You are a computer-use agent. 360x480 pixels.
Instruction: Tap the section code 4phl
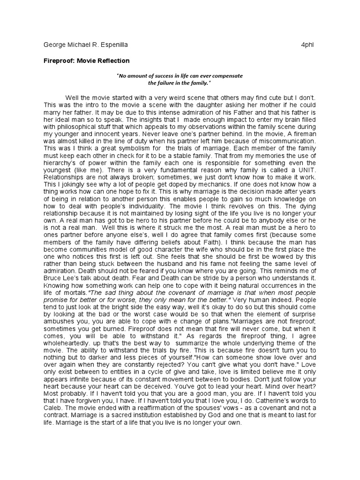(308, 45)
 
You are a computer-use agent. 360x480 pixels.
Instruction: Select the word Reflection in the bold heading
(112, 61)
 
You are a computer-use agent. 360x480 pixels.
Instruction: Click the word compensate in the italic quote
(227, 75)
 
